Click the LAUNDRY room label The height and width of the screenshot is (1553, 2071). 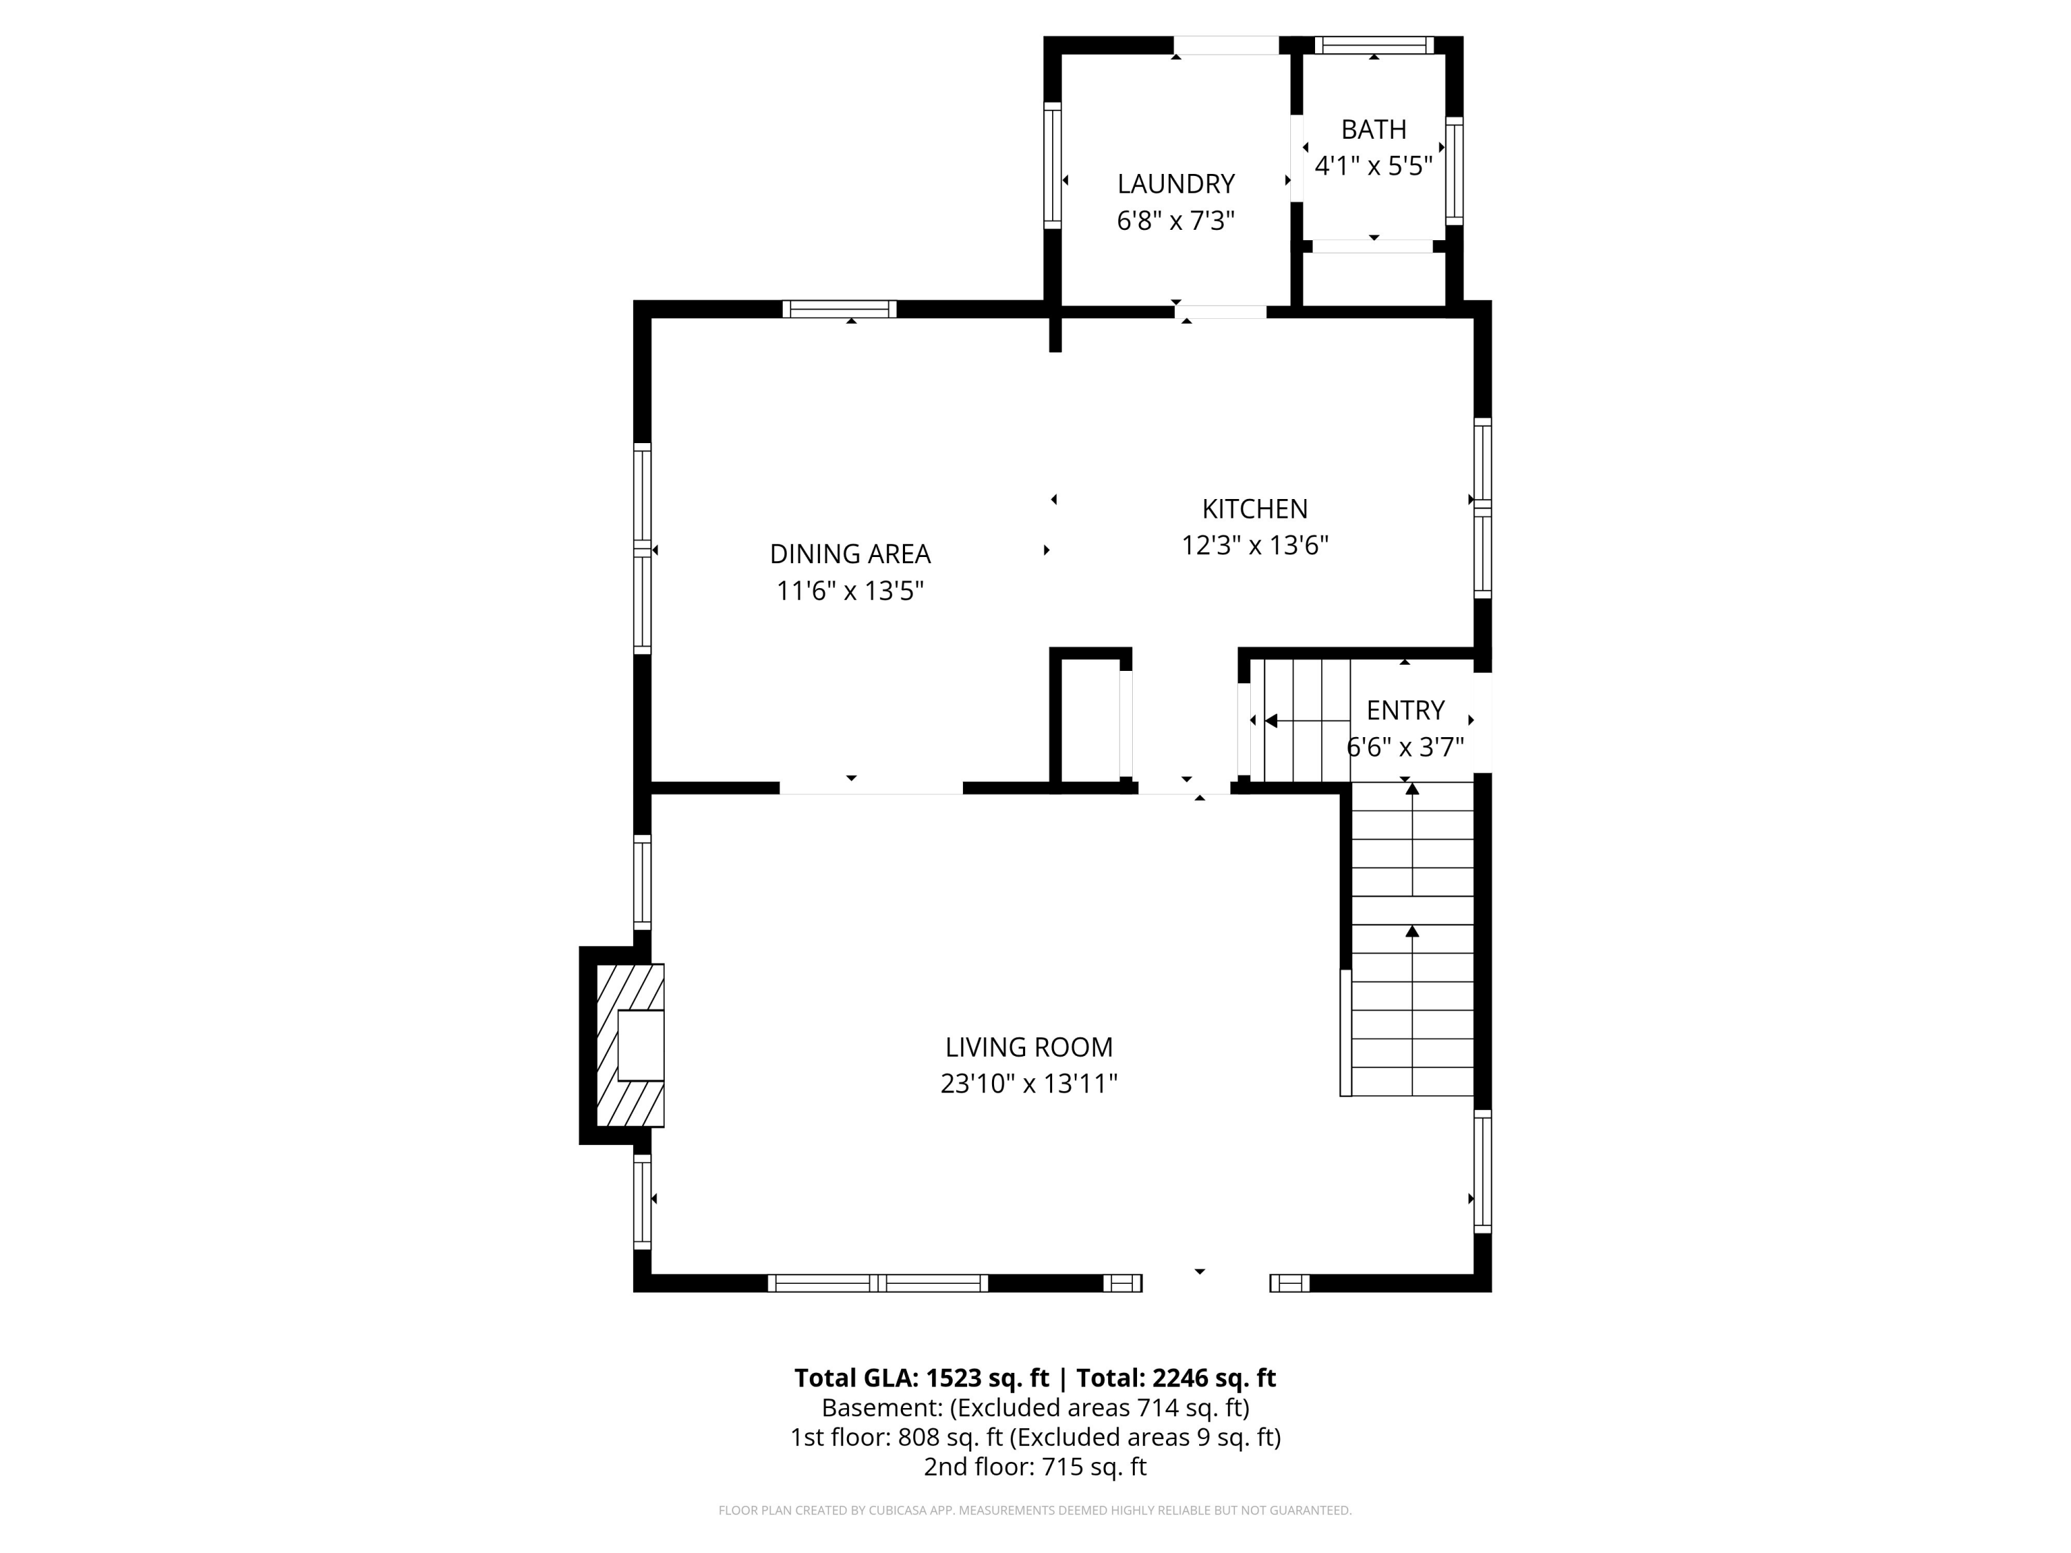tap(1175, 184)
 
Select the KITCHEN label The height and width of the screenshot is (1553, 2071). tap(1254, 509)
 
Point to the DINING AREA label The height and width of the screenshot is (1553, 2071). tap(849, 554)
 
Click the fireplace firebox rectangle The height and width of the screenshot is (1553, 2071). tap(641, 1046)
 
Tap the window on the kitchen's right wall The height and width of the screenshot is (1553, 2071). tap(1481, 507)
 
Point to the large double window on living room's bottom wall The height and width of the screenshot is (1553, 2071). tap(877, 1282)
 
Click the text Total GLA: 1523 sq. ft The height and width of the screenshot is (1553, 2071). tap(922, 1378)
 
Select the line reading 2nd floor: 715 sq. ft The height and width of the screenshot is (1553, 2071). tap(1035, 1467)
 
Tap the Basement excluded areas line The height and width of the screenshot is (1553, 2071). tap(1035, 1408)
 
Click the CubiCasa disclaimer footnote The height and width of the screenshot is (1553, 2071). tap(1035, 1510)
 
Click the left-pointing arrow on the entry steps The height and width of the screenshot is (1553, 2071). tap(1272, 720)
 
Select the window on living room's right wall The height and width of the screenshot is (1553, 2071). tap(1481, 1171)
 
